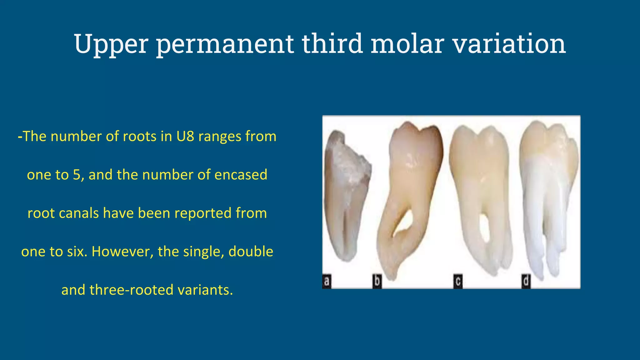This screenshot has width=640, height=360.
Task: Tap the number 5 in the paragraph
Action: coord(77,175)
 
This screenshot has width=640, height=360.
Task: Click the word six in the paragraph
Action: coord(77,252)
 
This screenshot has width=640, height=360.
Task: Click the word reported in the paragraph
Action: coord(203,213)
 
